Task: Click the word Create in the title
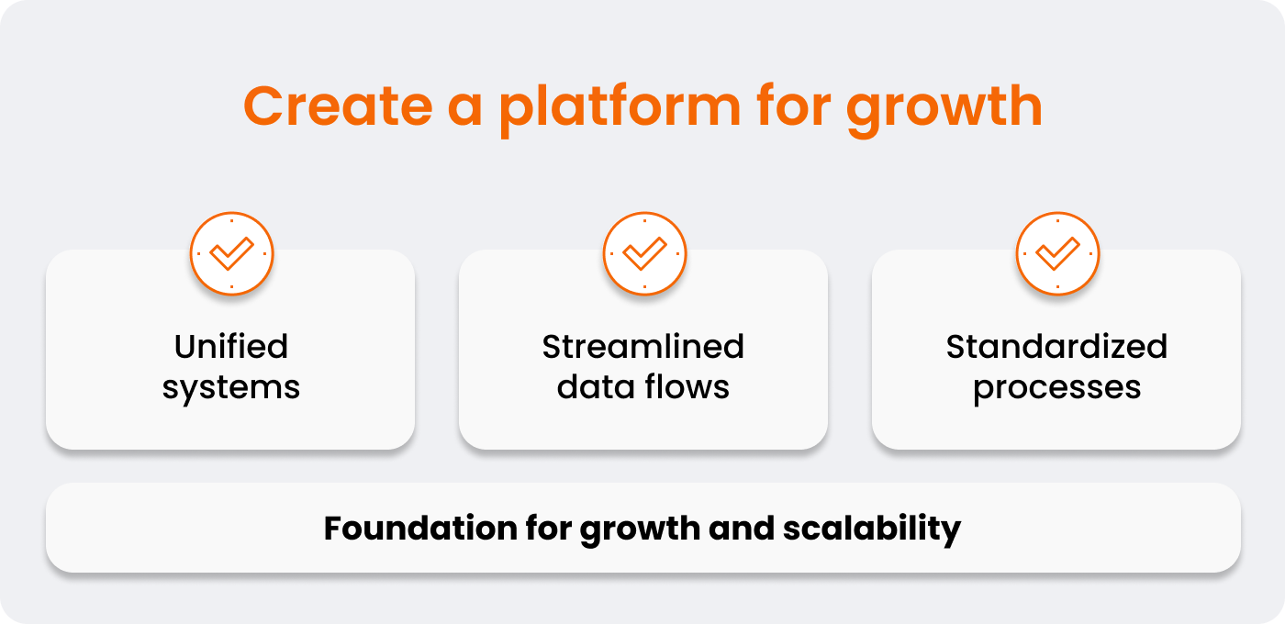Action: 338,106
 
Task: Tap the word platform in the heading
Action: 620,109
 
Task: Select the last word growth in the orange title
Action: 944,109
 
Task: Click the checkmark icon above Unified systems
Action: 231,253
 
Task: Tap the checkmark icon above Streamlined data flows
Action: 644,253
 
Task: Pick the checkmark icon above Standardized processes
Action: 1057,253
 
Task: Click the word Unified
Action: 231,347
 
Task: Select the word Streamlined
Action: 643,347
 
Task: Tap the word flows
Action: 687,386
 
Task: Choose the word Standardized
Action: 1056,347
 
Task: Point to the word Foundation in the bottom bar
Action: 420,528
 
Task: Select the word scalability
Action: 872,529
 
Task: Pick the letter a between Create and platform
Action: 464,111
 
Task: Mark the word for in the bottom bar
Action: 549,528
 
